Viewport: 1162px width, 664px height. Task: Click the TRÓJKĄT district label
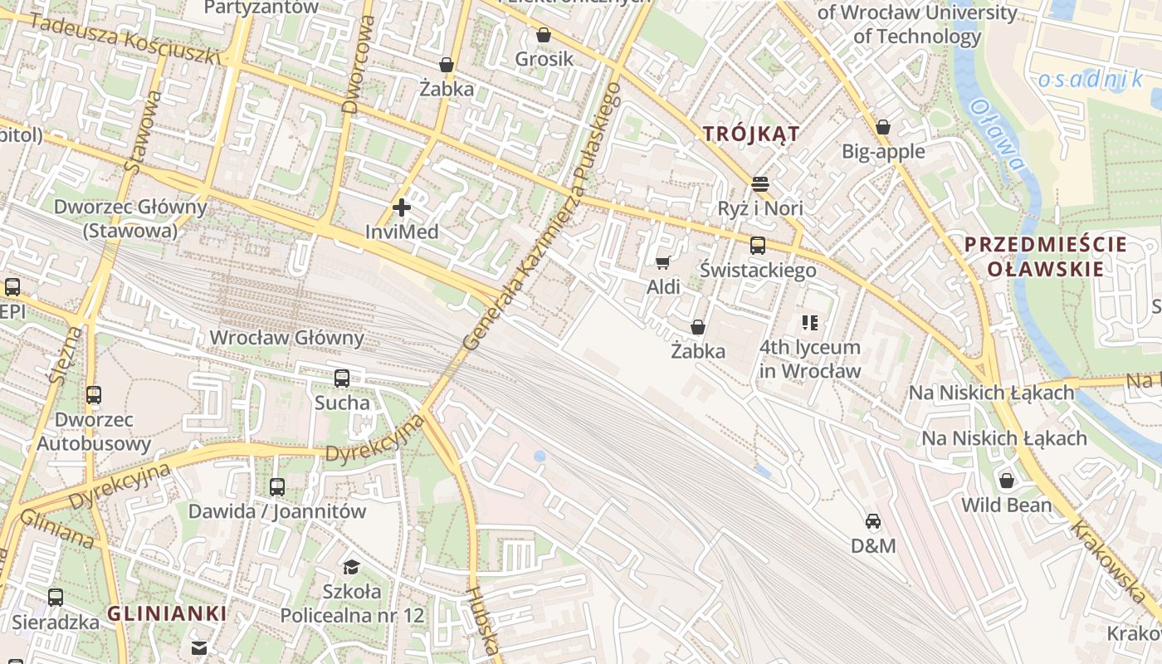coord(751,134)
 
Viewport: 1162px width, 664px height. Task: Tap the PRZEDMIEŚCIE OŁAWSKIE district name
coord(1045,256)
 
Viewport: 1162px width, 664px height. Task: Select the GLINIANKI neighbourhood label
coord(167,613)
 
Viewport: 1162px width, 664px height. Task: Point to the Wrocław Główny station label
coord(286,338)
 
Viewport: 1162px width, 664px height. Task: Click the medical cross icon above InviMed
coord(402,207)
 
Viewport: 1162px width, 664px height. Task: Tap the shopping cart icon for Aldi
coord(662,263)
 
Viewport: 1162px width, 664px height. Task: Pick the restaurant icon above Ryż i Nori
coord(760,183)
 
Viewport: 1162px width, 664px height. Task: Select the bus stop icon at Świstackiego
coord(757,246)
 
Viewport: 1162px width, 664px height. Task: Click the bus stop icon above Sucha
coord(342,378)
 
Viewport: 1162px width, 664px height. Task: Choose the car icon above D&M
coord(873,521)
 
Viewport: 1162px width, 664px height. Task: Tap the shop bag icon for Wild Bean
coord(1006,481)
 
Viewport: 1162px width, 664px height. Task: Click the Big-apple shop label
coord(883,151)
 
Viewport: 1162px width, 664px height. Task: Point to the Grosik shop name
coord(544,59)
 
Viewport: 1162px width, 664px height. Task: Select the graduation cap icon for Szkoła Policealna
coord(351,567)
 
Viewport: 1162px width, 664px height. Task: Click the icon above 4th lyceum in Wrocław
coord(809,323)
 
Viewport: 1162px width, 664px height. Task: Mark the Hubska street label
coord(482,622)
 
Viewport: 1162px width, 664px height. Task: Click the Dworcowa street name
coord(359,65)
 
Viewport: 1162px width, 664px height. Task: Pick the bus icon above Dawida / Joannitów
coord(277,487)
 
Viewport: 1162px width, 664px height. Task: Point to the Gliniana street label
coord(56,529)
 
